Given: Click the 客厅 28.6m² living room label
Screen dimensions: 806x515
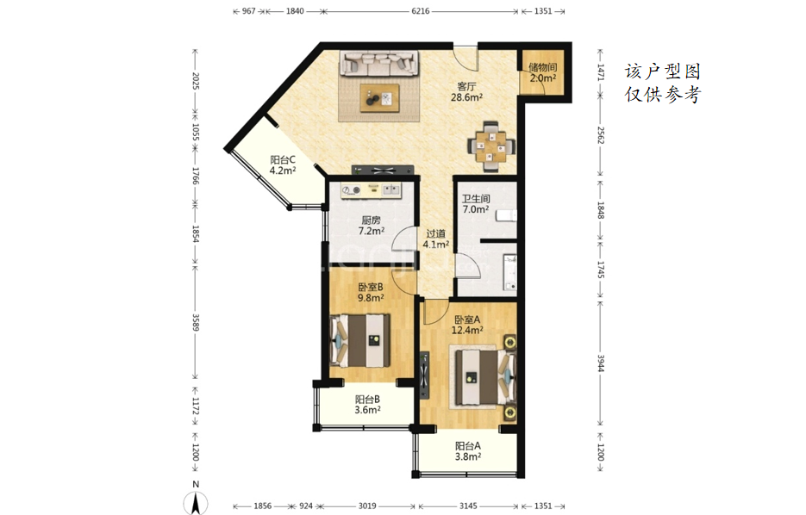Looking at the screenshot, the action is pyautogui.click(x=466, y=91).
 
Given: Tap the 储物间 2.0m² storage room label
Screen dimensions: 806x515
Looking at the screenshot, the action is pyautogui.click(x=543, y=72).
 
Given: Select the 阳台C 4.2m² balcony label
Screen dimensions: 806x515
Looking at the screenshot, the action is pyautogui.click(x=283, y=165).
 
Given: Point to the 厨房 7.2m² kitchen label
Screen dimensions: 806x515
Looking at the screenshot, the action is pyautogui.click(x=372, y=226).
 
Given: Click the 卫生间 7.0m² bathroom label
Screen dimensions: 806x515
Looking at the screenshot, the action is pyautogui.click(x=476, y=204).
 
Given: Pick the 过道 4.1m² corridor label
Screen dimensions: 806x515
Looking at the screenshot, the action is pyautogui.click(x=436, y=239).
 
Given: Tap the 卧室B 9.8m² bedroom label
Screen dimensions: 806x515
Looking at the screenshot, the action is pyautogui.click(x=371, y=292).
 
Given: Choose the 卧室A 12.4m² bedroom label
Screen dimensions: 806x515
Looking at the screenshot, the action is pyautogui.click(x=467, y=325).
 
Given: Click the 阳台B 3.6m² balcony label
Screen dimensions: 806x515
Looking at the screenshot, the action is pyautogui.click(x=367, y=404).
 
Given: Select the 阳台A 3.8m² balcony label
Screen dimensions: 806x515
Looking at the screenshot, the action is pyautogui.click(x=468, y=450).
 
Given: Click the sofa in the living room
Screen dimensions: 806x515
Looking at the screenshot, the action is pyautogui.click(x=379, y=63).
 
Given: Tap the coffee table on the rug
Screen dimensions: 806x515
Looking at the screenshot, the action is pyautogui.click(x=380, y=97).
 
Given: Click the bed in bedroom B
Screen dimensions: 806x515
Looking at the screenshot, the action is pyautogui.click(x=359, y=341).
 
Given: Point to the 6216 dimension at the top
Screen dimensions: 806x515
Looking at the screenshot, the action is pyautogui.click(x=421, y=11).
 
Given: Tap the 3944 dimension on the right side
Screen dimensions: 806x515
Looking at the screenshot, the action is pyautogui.click(x=600, y=363).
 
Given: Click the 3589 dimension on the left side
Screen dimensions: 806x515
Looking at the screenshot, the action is pyautogui.click(x=196, y=322).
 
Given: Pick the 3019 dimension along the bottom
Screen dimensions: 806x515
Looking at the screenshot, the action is pyautogui.click(x=367, y=506).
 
